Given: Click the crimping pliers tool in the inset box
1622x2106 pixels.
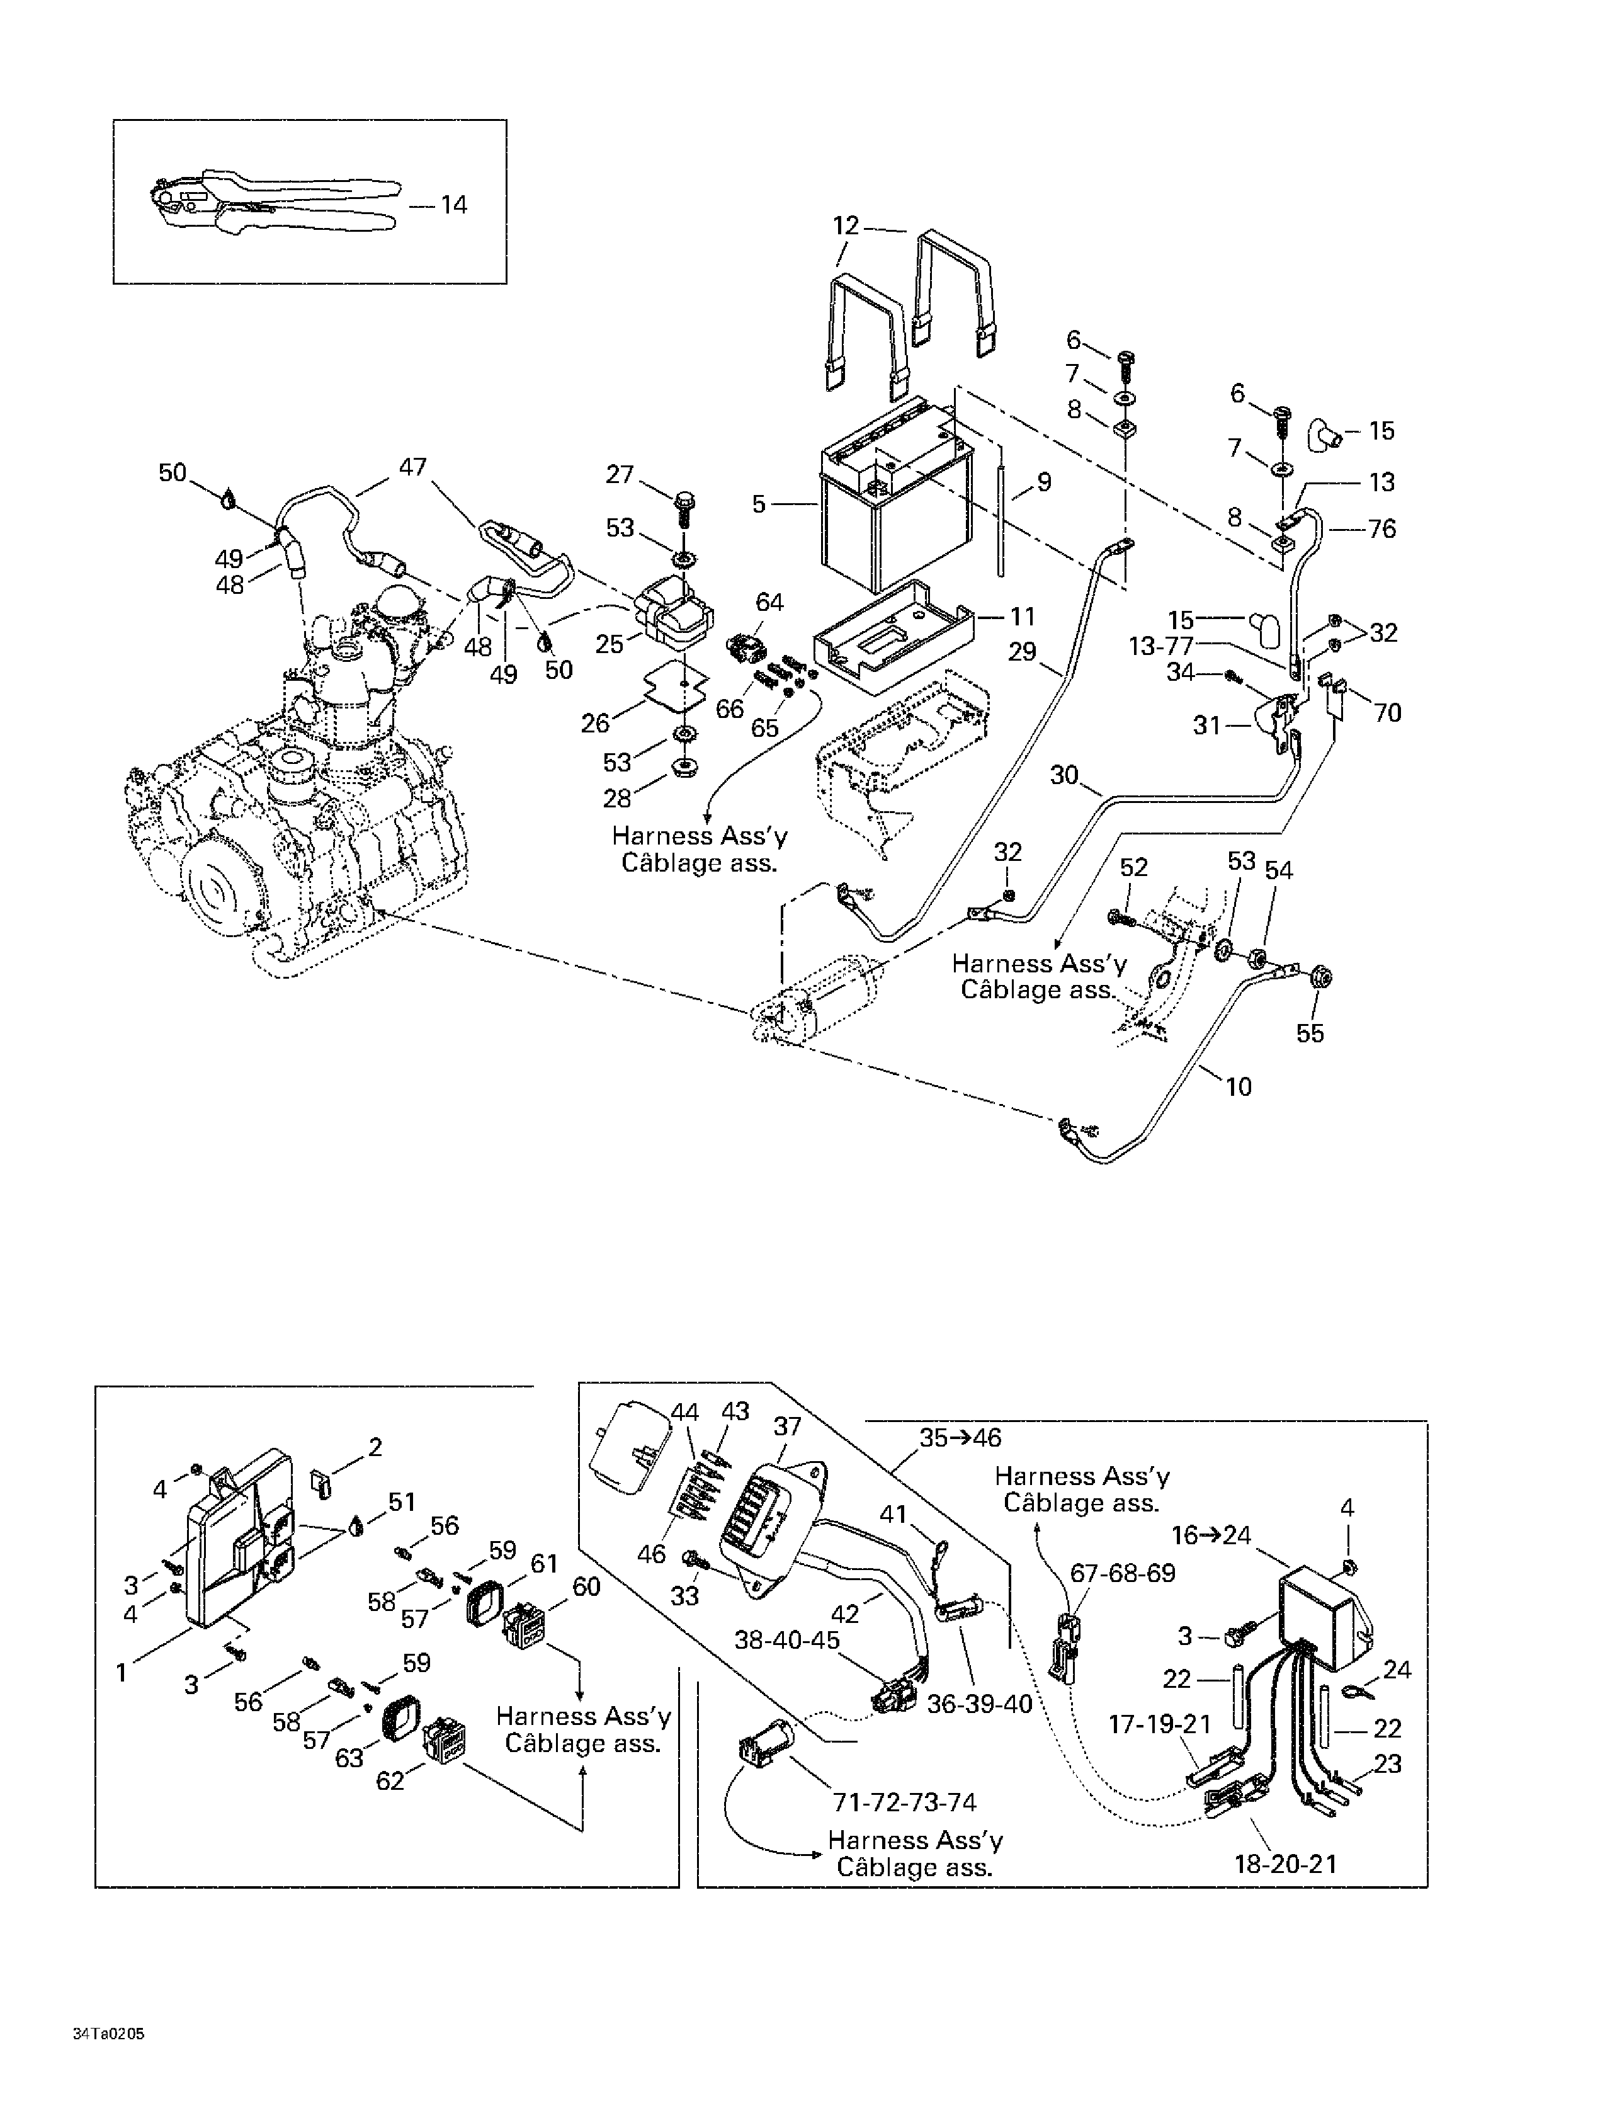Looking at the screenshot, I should click(x=275, y=205).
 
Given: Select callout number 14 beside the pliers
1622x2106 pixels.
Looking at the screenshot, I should click(x=453, y=205).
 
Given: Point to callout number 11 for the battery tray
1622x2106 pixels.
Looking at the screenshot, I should click(x=1022, y=616).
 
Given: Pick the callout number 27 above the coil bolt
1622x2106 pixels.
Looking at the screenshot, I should click(x=619, y=474).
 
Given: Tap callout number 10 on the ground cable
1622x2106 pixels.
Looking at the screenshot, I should click(x=1238, y=1087).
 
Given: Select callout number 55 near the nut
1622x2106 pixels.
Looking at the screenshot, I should click(x=1310, y=1033).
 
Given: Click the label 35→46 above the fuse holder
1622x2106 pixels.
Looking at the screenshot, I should click(x=960, y=1438).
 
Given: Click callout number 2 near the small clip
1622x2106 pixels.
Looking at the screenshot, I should click(x=375, y=1447).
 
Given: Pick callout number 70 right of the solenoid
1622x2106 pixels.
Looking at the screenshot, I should click(x=1387, y=713).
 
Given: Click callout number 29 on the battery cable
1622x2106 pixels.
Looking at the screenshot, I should click(x=1022, y=652).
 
